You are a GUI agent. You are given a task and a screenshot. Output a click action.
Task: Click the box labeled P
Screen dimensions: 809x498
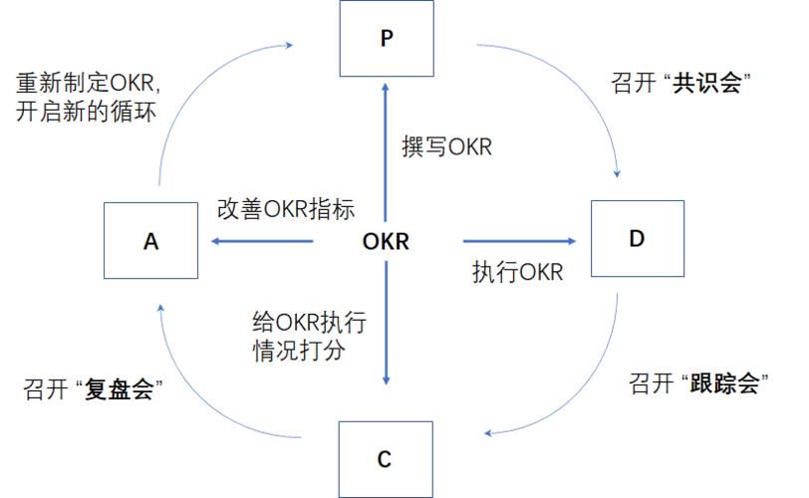pos(387,39)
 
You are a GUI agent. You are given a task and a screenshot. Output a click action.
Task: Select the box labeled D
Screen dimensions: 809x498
pos(638,239)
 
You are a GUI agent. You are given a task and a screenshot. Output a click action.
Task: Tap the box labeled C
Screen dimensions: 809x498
pos(386,459)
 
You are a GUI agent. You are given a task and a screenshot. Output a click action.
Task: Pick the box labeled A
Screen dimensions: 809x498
pos(150,240)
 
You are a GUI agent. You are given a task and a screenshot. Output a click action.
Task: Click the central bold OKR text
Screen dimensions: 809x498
pos(386,241)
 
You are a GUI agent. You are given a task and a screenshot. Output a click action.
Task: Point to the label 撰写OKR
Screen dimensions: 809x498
pos(446,147)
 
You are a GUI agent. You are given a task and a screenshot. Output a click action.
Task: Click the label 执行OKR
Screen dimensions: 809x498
pos(517,272)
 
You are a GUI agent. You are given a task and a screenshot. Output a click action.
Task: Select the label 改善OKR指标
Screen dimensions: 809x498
pos(286,209)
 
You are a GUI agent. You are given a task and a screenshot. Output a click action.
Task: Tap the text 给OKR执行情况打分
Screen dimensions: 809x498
pos(310,336)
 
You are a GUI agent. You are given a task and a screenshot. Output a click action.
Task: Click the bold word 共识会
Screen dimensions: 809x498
pos(706,83)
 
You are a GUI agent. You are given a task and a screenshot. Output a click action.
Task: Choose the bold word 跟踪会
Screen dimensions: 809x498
pos(724,383)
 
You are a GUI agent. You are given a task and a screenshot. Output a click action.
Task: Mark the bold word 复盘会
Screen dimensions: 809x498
pos(120,388)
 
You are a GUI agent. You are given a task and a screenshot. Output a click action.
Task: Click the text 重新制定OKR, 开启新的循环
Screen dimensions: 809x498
pos(89,98)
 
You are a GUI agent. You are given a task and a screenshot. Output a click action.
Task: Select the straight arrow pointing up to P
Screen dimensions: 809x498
pos(385,152)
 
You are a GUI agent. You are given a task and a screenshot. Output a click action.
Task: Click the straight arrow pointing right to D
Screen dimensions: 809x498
pos(519,241)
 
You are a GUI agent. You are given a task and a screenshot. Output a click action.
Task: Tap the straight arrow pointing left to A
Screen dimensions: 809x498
pos(262,241)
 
